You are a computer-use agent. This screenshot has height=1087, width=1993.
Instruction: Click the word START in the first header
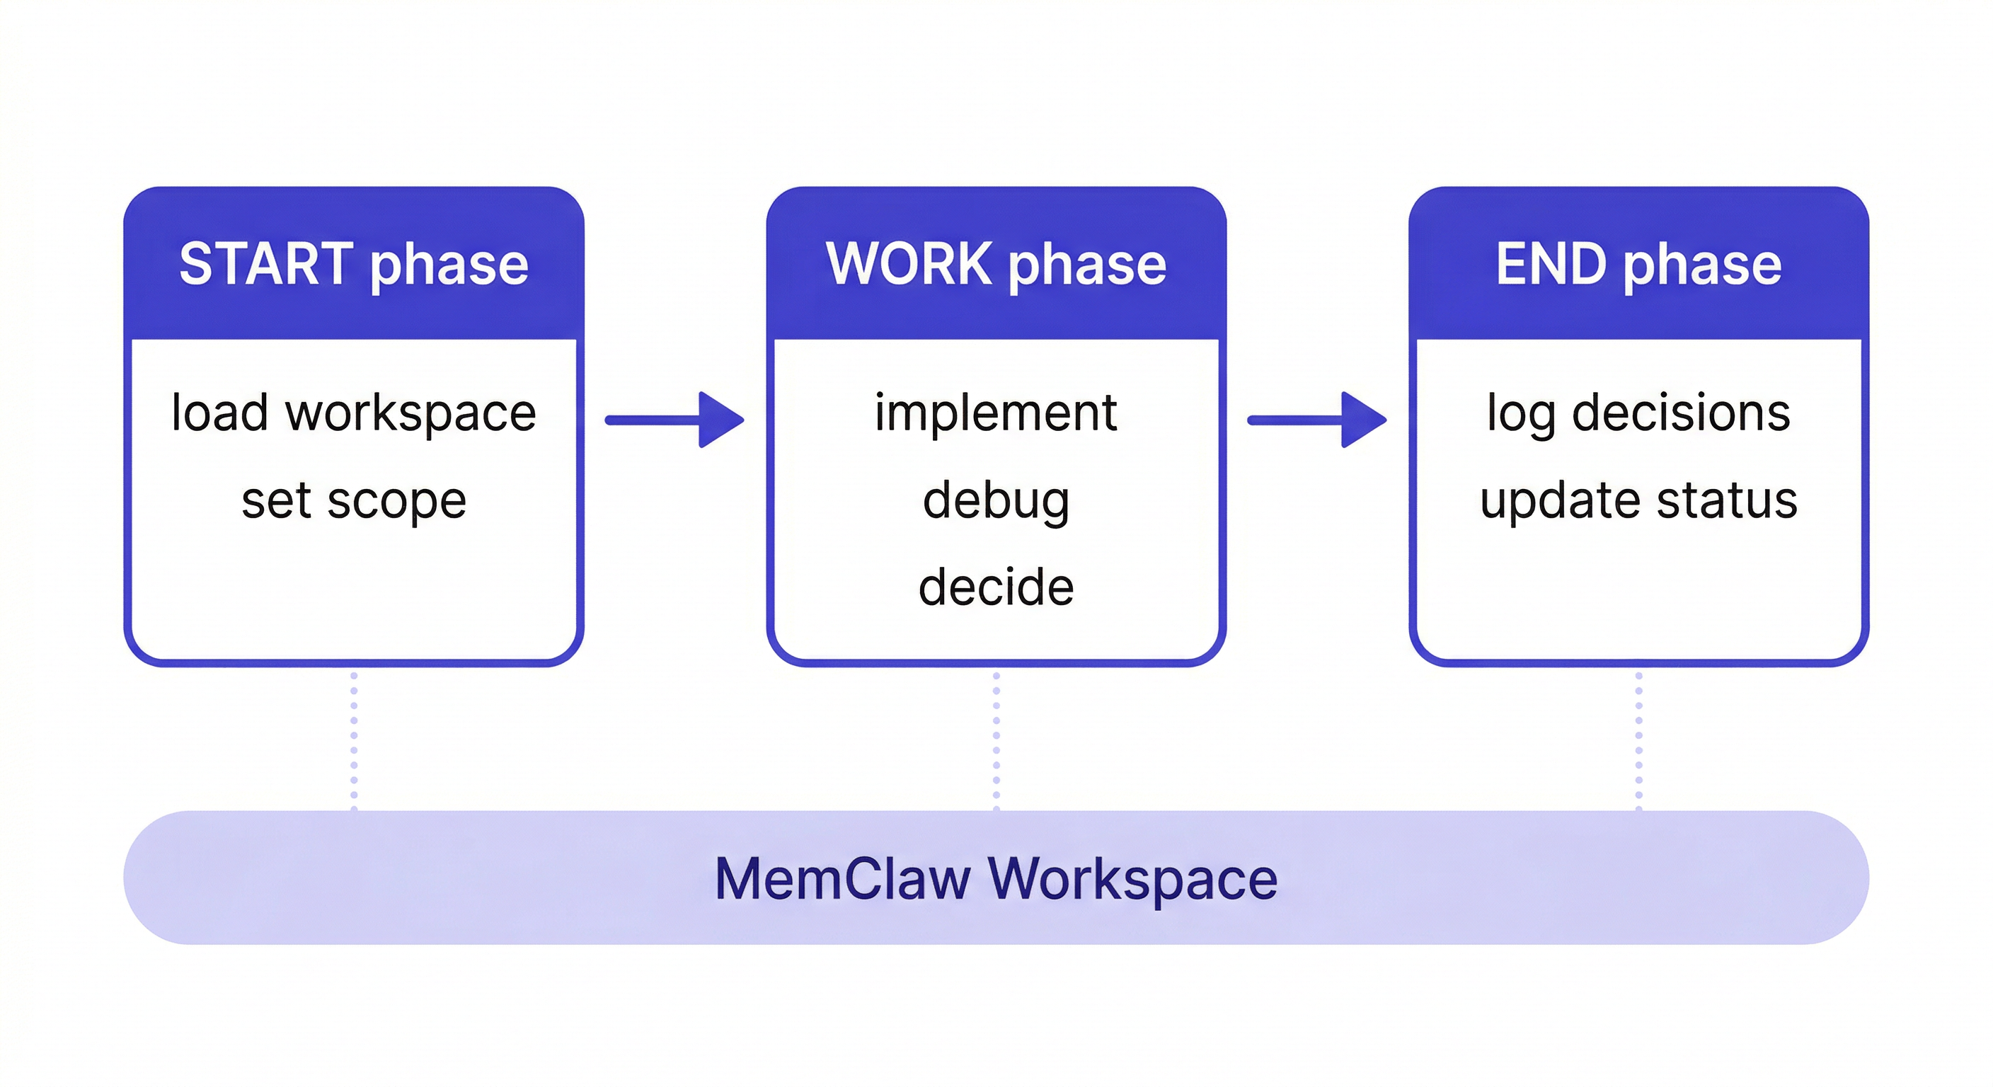265,264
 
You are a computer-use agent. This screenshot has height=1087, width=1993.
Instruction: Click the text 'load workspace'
354,413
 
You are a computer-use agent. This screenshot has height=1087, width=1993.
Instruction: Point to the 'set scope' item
354,500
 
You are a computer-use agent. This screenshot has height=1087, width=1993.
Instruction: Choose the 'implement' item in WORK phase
996,413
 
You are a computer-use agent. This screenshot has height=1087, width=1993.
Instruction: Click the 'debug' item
996,500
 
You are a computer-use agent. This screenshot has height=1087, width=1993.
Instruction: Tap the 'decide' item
996,587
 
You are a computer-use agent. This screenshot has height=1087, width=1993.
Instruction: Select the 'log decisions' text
1638,413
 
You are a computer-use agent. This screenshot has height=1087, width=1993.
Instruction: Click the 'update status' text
1638,500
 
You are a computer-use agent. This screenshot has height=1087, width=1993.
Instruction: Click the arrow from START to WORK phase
674,420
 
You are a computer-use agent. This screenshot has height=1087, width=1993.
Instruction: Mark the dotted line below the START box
354,739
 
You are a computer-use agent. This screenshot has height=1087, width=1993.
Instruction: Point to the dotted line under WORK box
996,739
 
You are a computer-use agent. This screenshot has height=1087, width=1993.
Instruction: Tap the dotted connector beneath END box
1638,739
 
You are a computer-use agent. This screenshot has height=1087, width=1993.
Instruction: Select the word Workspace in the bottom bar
1132,879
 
